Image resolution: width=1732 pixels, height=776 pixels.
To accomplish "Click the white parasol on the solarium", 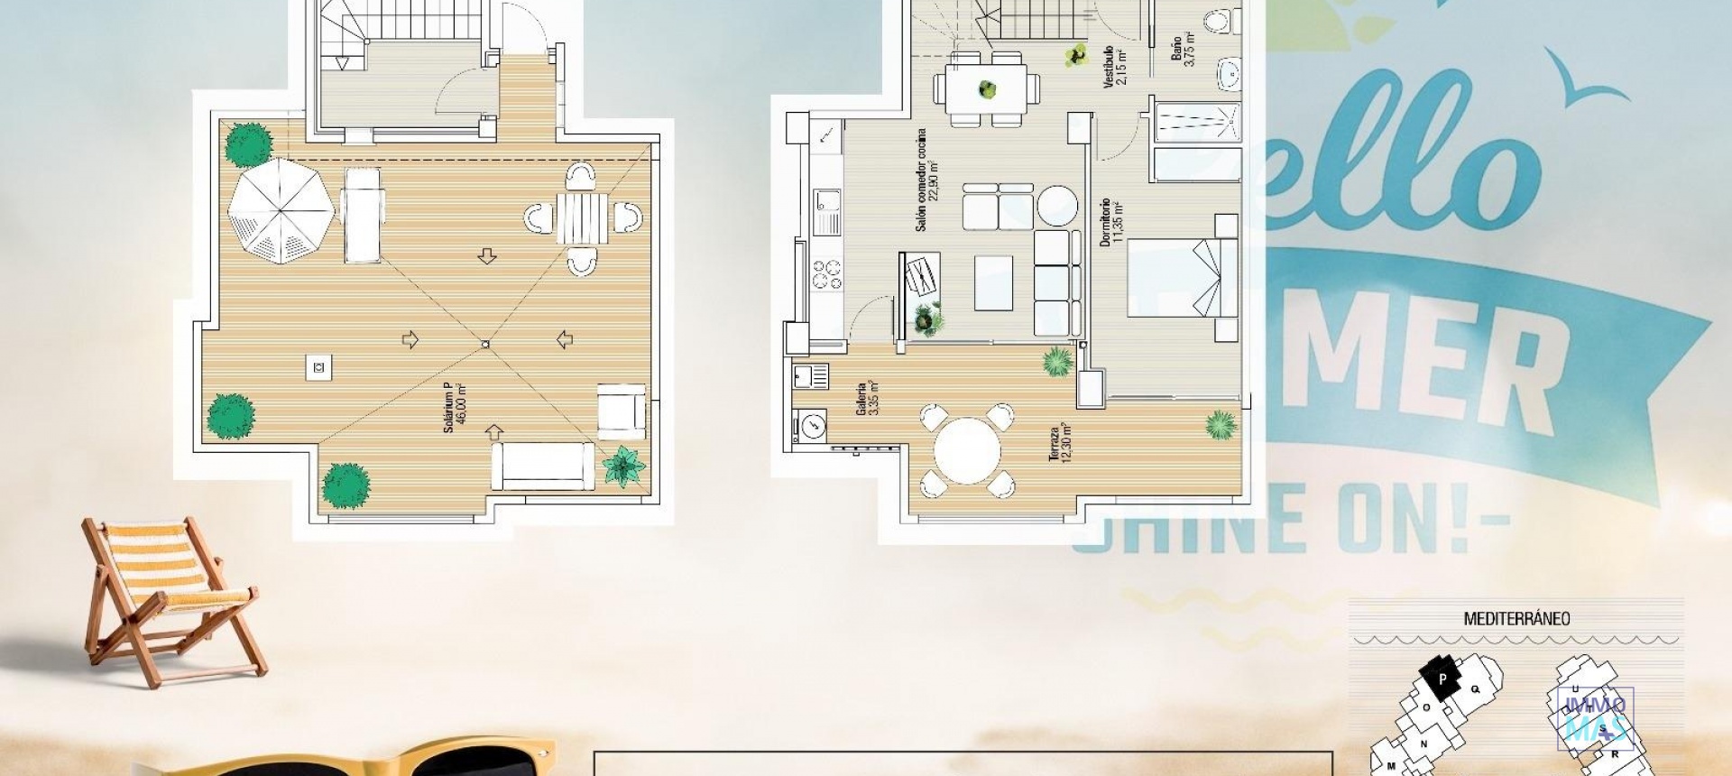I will tap(281, 211).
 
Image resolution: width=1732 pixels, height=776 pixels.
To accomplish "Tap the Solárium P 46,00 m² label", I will tap(454, 408).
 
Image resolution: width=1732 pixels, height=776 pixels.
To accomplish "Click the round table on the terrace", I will tap(966, 449).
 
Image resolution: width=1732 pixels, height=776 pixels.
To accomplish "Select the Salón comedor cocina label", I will tap(926, 180).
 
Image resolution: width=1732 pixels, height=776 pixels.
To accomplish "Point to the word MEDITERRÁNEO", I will tap(1516, 619).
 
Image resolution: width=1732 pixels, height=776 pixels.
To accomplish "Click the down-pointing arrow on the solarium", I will tap(487, 256).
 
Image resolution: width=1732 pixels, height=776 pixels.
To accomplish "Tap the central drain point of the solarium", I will tap(485, 344).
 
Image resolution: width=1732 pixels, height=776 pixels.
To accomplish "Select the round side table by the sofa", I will tap(1056, 206).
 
